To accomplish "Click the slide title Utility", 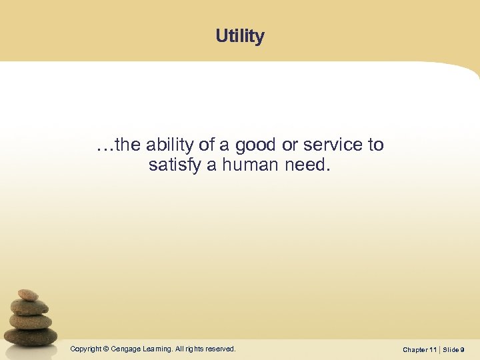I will (240, 36).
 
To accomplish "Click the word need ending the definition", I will (307, 165).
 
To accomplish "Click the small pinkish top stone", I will (27, 295).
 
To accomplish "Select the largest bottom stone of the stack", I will (33, 336).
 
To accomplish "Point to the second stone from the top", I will (30, 307).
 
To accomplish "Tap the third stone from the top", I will (31, 321).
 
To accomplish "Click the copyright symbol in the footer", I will (107, 349).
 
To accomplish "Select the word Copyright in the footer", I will (86, 349).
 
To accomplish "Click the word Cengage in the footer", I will (126, 349).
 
